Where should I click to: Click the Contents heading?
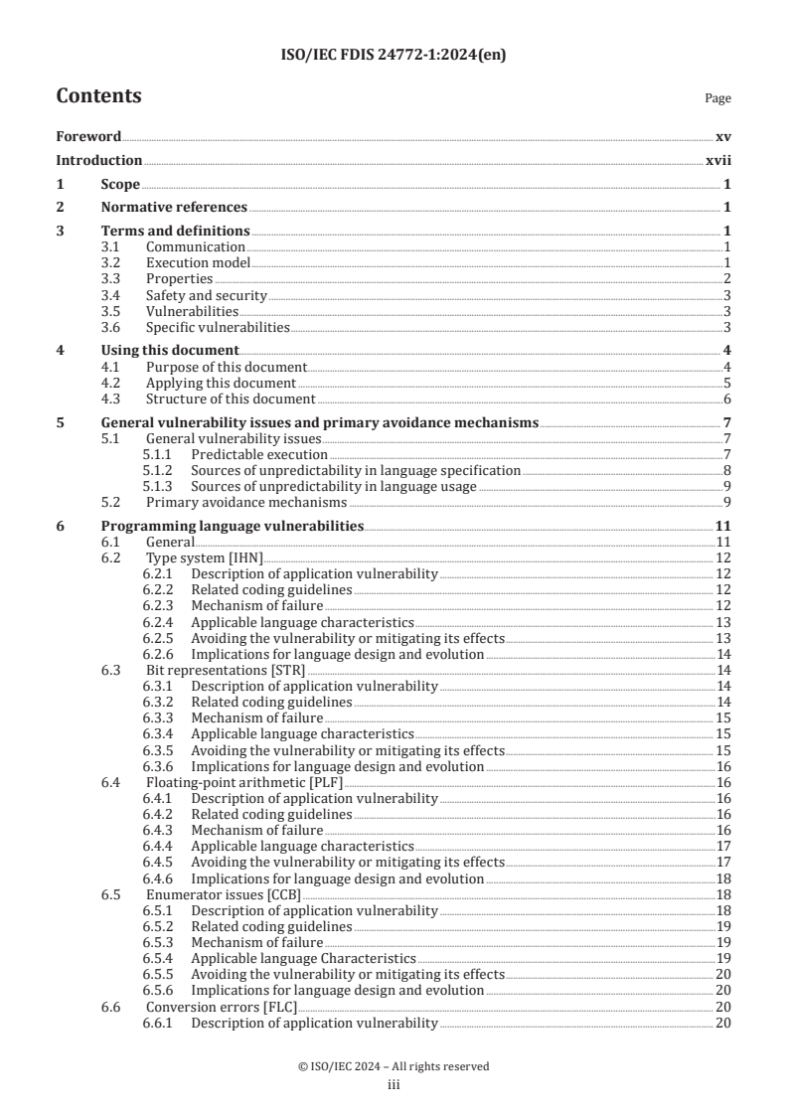click(x=98, y=96)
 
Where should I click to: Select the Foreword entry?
click(x=88, y=137)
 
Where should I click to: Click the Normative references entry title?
click(x=174, y=208)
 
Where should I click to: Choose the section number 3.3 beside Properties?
click(x=112, y=278)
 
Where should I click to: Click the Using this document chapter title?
click(x=170, y=350)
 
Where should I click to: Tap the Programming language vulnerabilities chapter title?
click(x=233, y=526)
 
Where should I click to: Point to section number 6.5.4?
click(x=157, y=959)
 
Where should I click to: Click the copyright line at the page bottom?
click(x=394, y=1066)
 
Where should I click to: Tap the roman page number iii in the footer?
click(x=394, y=1085)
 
